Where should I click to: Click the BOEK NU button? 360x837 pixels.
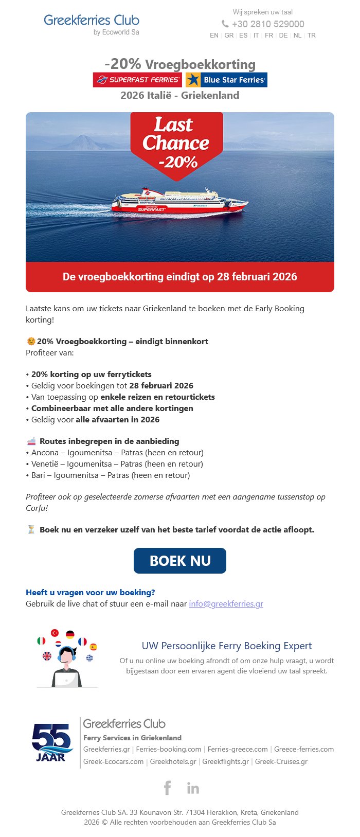pos(180,561)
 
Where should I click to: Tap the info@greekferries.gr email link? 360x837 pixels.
pos(226,603)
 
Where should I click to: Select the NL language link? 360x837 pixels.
pos(297,35)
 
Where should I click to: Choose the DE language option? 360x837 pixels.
pos(283,35)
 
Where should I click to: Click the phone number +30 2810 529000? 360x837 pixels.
pos(267,24)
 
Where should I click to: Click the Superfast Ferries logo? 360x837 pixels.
pos(137,80)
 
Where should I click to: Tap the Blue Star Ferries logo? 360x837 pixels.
pos(226,80)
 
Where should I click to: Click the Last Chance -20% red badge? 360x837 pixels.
pos(176,143)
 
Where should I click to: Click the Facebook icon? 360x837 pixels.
pos(167,788)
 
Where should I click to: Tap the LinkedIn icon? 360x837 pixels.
pos(193,788)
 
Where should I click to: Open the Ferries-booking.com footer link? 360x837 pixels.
pos(169,749)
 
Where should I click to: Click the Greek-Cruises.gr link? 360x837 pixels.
pos(281,761)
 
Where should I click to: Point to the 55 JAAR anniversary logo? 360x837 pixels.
pos(51,742)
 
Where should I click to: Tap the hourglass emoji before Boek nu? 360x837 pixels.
pos(31,529)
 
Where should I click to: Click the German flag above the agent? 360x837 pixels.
pos(70,635)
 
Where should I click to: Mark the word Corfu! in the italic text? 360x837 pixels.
pos(37,508)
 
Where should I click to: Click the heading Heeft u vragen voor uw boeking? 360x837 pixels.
pos(91,592)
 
